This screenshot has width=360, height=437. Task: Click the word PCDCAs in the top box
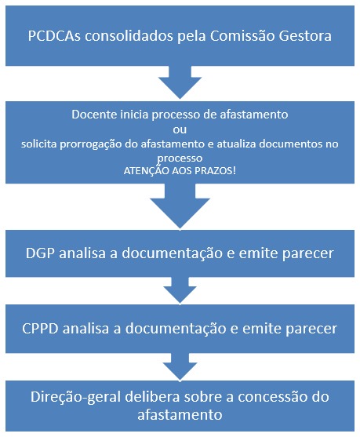(x=54, y=36)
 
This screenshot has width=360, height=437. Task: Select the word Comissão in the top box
(x=242, y=36)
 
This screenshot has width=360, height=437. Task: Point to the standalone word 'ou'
(x=180, y=130)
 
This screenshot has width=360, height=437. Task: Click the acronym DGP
(x=41, y=253)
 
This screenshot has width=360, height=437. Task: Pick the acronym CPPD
(x=40, y=328)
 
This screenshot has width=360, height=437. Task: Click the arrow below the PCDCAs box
(x=180, y=82)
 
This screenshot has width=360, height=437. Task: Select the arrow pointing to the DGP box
(x=180, y=206)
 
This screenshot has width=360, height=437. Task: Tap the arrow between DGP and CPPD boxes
(x=180, y=290)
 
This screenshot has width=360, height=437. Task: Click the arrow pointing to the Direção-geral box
(x=180, y=367)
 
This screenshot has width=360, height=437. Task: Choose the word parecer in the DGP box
(x=308, y=254)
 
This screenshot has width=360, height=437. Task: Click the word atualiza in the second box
(x=236, y=144)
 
